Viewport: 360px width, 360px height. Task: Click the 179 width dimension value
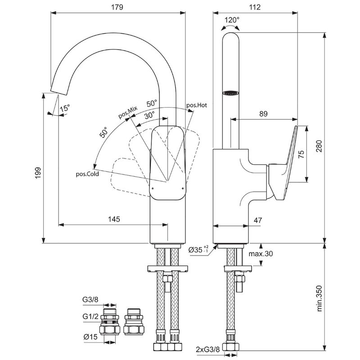tap(117, 7)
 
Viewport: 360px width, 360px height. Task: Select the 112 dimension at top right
tap(255, 7)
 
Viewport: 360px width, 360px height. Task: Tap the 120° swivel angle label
tap(232, 20)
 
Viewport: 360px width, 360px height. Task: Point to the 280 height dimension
tap(319, 146)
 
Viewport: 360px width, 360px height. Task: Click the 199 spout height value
tap(38, 173)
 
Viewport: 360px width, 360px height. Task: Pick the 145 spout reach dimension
tap(114, 219)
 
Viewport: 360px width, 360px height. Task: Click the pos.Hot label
tap(197, 105)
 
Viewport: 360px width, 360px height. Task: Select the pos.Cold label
tap(87, 174)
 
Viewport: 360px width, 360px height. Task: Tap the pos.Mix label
tap(128, 112)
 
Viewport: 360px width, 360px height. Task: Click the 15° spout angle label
tap(65, 108)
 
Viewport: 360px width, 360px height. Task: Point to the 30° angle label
tap(149, 115)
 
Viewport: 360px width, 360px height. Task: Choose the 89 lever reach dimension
tap(263, 114)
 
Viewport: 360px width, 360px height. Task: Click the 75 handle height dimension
tap(301, 154)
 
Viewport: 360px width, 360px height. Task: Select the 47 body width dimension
tap(258, 220)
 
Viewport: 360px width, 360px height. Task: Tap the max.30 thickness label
tap(261, 254)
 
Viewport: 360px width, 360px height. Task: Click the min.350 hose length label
tap(319, 298)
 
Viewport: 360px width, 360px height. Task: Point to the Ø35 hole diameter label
tap(198, 249)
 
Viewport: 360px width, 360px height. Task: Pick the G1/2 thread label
tap(90, 317)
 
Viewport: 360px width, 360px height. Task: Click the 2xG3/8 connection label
tap(208, 350)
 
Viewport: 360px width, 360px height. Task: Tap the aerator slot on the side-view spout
tap(231, 93)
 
